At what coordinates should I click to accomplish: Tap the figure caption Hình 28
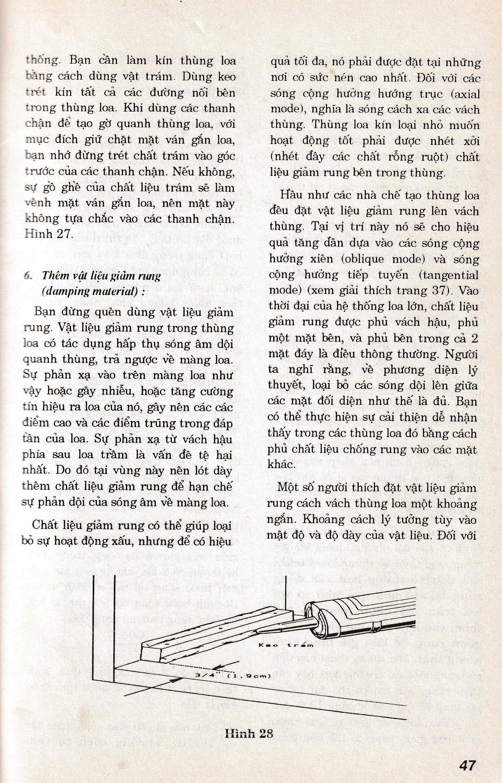[248, 725]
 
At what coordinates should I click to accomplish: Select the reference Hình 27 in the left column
[48, 234]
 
